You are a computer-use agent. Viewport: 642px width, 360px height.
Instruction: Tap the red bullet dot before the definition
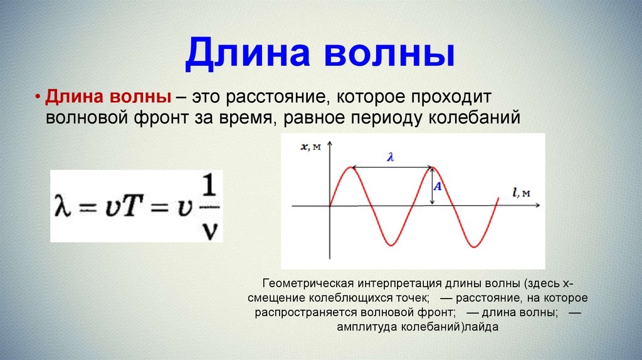[38, 97]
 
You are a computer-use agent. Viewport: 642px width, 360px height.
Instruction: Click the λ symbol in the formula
[63, 206]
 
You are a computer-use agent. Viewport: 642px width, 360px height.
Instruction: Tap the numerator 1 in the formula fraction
[209, 186]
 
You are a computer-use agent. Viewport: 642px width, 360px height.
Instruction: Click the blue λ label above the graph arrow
[391, 157]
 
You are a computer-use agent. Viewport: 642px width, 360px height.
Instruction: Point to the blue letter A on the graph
[438, 186]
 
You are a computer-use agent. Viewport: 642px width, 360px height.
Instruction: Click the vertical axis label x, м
[311, 147]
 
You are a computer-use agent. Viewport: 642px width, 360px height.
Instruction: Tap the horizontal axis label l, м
[522, 192]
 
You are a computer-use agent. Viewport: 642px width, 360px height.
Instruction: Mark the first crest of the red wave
[350, 167]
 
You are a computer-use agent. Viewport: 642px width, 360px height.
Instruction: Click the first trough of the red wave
[391, 245]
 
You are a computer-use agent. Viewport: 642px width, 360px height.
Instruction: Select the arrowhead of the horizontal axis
[537, 205]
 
